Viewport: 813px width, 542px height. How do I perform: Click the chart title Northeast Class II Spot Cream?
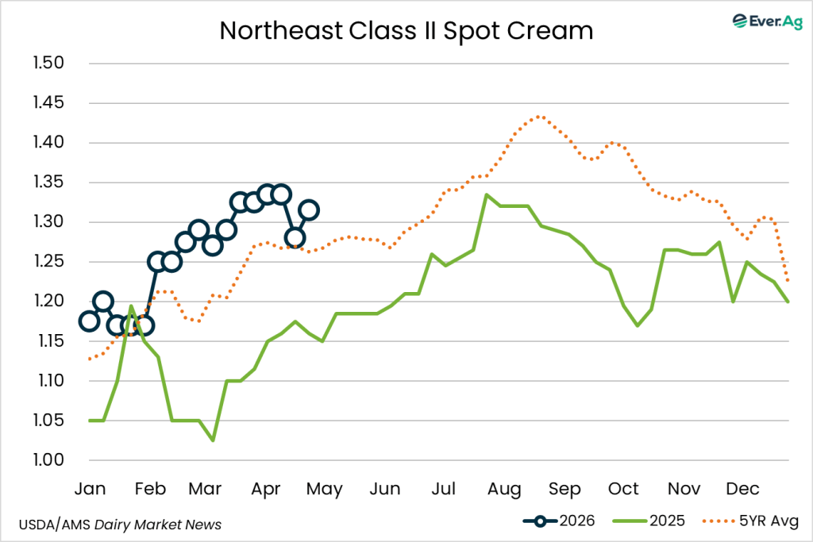click(x=406, y=30)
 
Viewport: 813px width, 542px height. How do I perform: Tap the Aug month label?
click(x=505, y=488)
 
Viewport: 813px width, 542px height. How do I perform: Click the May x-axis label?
click(x=326, y=488)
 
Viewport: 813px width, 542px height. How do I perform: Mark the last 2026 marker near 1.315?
click(x=310, y=210)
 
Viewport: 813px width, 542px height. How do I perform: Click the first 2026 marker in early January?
click(x=90, y=321)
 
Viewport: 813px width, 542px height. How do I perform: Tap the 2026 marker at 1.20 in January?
click(x=103, y=302)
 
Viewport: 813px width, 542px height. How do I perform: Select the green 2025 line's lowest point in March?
click(x=213, y=440)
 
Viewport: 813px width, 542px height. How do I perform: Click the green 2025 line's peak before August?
click(x=486, y=194)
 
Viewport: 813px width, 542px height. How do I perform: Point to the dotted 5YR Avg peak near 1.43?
click(x=539, y=116)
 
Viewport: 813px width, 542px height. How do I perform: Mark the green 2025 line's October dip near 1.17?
click(x=637, y=325)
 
